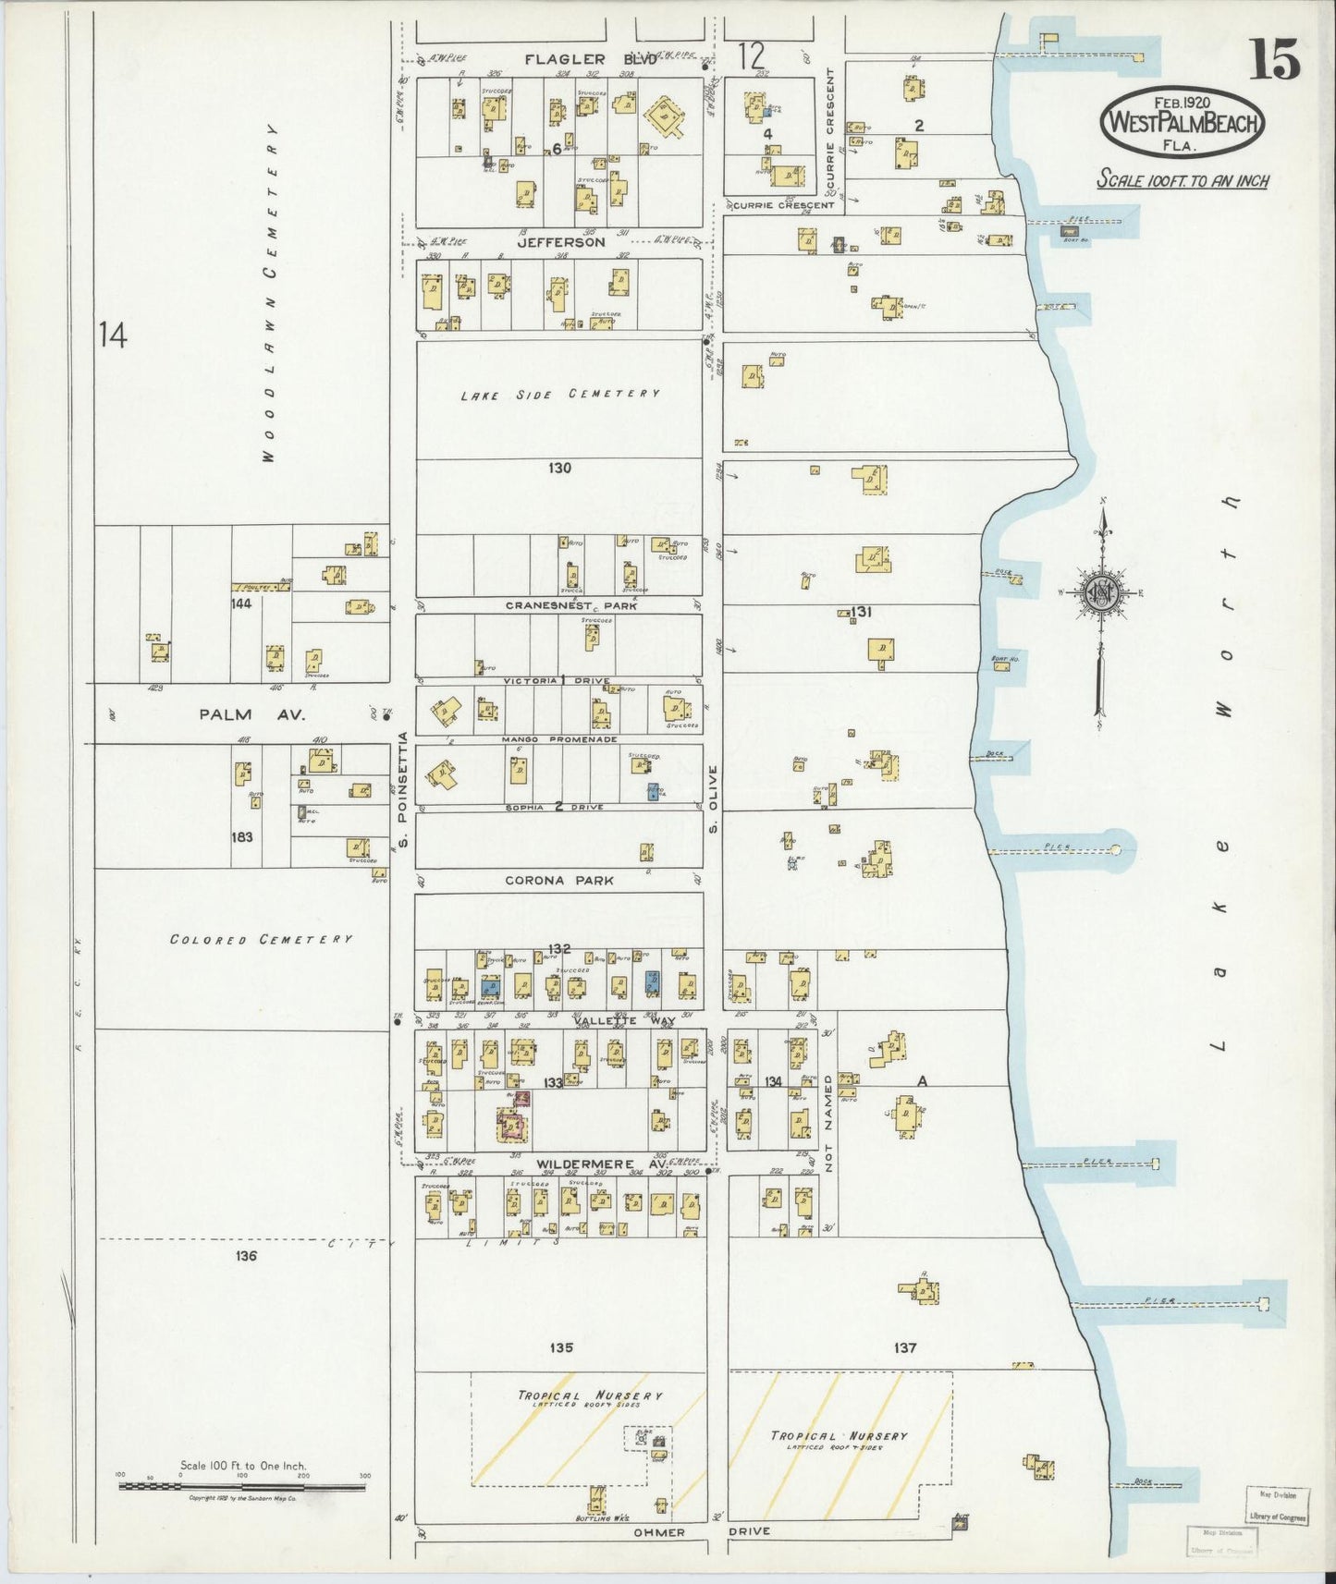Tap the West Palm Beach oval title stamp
pos(1182,121)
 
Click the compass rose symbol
pos(1104,594)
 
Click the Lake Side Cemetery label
pos(560,394)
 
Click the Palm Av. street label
pos(239,714)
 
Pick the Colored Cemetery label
pos(261,939)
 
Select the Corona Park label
pos(559,881)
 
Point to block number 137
pos(905,1348)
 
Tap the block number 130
pos(559,469)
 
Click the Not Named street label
pos(829,1123)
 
